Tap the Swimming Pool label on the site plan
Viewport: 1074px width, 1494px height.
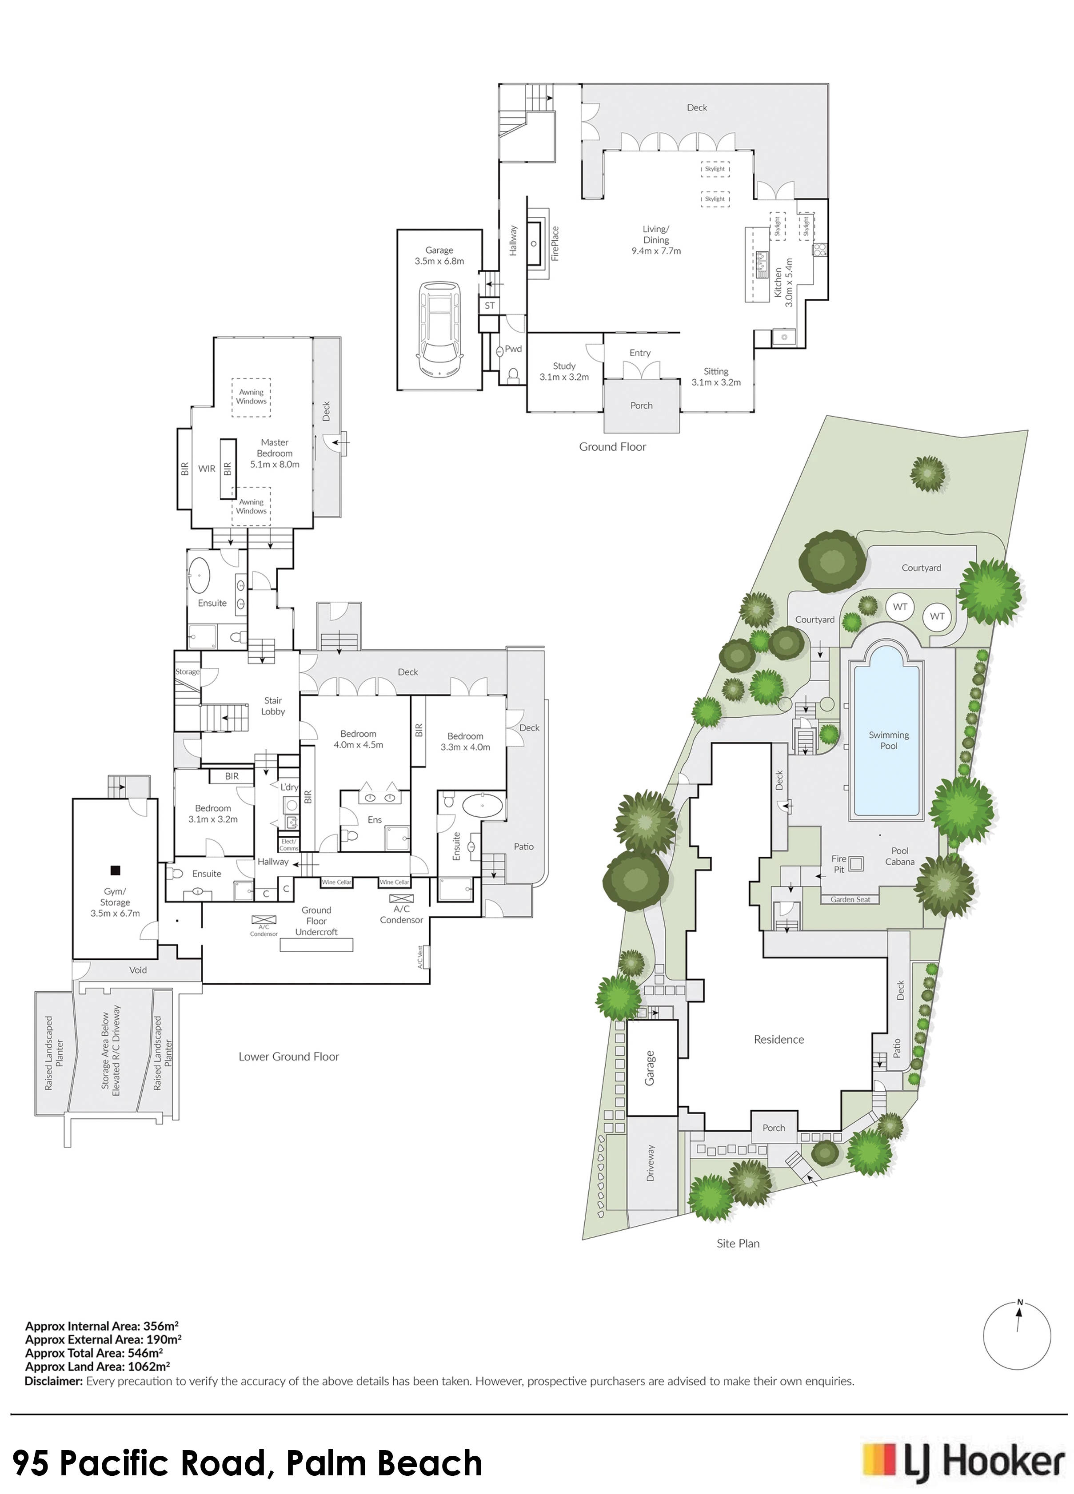[888, 740]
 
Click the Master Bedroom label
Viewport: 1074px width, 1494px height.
[275, 453]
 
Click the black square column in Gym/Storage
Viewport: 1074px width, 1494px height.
[115, 870]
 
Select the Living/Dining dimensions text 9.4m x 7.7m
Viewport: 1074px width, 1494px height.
[656, 251]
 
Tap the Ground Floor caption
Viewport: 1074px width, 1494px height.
[612, 447]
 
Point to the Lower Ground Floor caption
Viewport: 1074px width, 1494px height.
[288, 1057]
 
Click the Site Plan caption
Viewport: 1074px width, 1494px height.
[738, 1244]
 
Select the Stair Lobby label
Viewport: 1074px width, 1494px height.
[273, 706]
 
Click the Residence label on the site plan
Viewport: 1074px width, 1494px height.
[779, 1040]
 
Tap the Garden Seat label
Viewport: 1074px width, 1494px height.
[850, 900]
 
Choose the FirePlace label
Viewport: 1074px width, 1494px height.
[555, 244]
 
